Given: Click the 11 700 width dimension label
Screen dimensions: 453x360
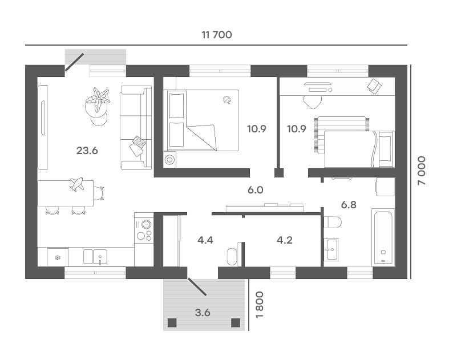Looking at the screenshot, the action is click(x=217, y=35).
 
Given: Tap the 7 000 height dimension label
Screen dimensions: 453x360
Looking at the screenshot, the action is click(x=422, y=171).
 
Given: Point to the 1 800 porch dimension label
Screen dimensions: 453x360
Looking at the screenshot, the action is click(x=260, y=305).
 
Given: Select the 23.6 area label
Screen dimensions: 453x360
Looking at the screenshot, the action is click(x=87, y=151).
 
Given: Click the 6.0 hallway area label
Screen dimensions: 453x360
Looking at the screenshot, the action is click(x=256, y=190).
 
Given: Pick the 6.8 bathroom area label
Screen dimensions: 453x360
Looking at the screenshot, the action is click(x=349, y=205).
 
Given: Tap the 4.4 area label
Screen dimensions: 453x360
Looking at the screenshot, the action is click(x=205, y=240).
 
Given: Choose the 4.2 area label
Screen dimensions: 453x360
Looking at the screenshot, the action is click(x=285, y=240).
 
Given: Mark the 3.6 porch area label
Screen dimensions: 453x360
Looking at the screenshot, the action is click(x=203, y=312).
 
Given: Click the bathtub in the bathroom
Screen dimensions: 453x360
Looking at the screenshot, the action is click(x=383, y=236).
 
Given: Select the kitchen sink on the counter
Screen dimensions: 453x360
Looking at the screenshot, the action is click(x=95, y=257).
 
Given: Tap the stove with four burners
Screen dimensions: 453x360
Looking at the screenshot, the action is click(x=144, y=230).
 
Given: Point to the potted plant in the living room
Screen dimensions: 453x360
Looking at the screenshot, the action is click(x=98, y=100).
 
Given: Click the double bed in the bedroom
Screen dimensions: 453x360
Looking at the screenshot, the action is click(x=201, y=120).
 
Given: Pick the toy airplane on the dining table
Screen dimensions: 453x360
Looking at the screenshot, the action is click(x=77, y=184).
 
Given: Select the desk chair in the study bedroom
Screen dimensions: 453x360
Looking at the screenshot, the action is click(x=312, y=102).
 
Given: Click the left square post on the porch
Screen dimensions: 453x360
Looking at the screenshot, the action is click(x=172, y=322).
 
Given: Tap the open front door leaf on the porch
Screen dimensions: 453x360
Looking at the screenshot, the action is click(x=197, y=287).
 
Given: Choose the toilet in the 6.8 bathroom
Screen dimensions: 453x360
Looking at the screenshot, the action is click(x=333, y=222).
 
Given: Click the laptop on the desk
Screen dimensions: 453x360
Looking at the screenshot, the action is click(x=374, y=86).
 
